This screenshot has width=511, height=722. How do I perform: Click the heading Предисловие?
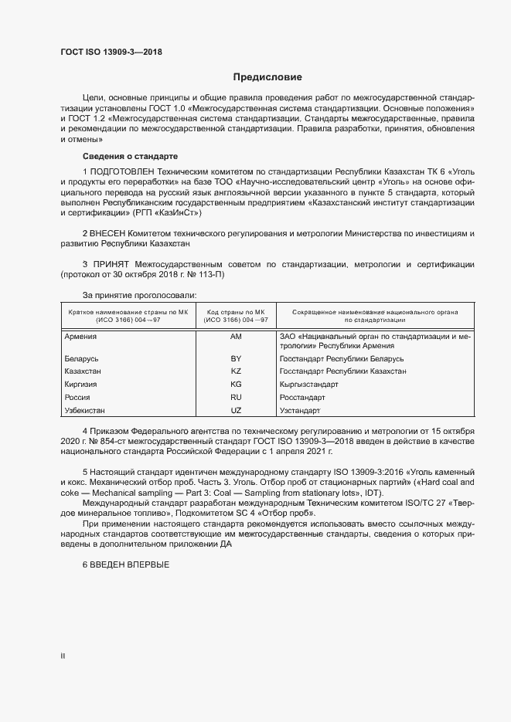coord(267,77)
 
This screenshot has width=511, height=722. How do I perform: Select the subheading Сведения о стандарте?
coord(119,157)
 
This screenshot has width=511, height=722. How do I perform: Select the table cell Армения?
coord(80,337)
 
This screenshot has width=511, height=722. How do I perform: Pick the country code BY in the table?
coord(236,359)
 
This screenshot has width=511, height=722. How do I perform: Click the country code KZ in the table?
coord(236,371)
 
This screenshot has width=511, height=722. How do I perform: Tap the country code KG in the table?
coord(236,384)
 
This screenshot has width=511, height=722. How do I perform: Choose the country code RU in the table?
coord(236,397)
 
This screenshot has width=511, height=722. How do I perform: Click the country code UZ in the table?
coord(236,409)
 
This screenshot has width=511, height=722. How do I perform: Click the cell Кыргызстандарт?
coord(308,384)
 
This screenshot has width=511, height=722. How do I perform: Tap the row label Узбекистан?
coord(85,409)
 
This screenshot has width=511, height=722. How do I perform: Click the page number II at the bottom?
coord(63,656)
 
